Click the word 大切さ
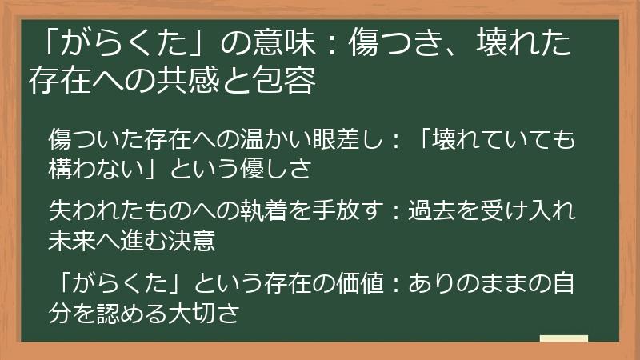pyautogui.click(x=209, y=310)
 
